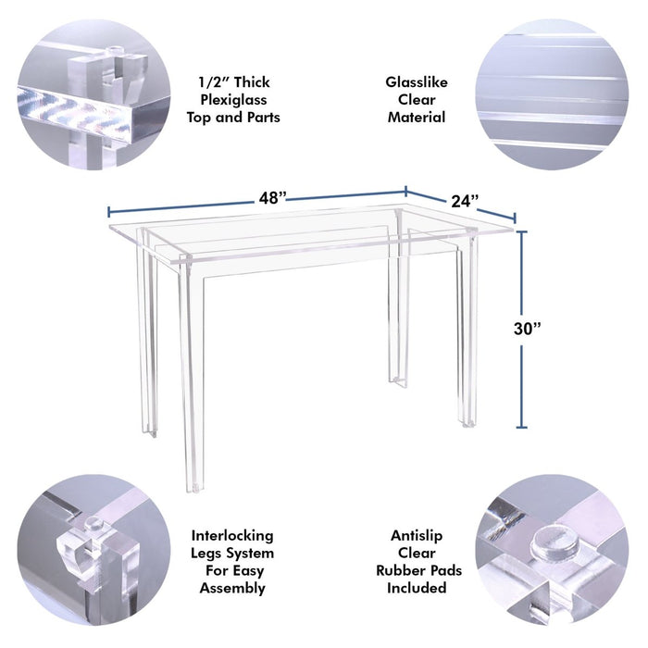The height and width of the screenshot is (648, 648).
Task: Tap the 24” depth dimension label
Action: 465,201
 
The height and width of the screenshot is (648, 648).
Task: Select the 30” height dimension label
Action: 527,329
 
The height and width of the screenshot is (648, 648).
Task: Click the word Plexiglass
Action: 233,100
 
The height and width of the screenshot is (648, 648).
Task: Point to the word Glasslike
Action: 417,82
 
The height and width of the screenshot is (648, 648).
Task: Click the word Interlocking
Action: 232,536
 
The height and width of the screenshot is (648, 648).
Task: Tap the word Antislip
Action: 417,536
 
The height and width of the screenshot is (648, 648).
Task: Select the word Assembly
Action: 232,588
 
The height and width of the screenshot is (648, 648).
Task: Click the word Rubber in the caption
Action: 397,570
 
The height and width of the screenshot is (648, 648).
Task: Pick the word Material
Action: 417,118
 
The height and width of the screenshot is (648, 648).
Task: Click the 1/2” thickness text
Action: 211,82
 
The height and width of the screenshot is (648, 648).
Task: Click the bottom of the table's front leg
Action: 193,489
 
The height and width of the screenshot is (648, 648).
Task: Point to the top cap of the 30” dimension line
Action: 522,231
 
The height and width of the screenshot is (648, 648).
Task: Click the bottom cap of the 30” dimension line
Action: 522,427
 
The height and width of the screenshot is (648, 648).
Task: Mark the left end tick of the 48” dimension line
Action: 108,212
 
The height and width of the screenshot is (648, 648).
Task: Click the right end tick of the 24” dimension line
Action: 515,218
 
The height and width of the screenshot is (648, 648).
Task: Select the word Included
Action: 417,588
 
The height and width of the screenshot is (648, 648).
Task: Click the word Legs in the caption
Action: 206,554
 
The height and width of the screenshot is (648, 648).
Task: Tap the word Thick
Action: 252,82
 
